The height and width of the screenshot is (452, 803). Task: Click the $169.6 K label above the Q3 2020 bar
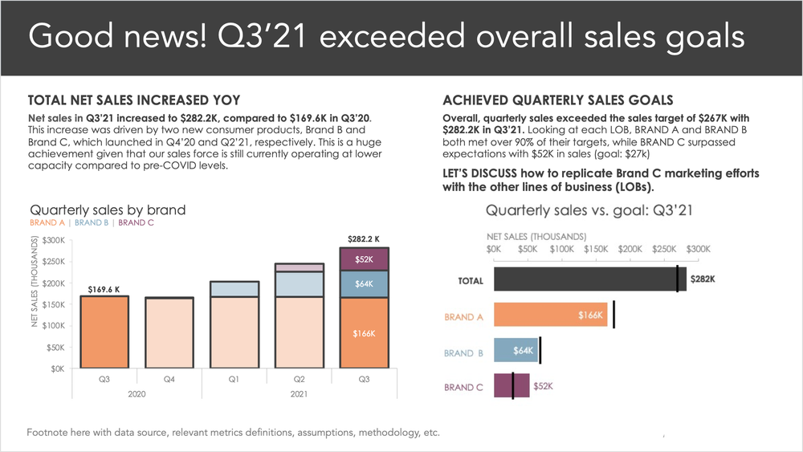pos(104,288)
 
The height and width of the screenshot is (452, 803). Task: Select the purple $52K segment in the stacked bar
pos(364,259)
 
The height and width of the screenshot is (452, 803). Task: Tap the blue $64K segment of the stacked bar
pos(364,284)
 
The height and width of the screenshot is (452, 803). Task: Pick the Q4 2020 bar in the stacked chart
pos(169,332)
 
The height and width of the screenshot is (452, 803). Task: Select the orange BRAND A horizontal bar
pos(551,316)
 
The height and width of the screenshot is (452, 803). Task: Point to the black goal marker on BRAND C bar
pos(513,386)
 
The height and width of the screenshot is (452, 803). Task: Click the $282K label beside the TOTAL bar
pos(702,279)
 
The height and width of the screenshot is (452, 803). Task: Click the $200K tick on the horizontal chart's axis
pos(630,250)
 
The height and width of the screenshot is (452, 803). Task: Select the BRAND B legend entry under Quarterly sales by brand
pos(92,223)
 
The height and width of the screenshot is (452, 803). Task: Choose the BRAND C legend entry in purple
pos(136,223)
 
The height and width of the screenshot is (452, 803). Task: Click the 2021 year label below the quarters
pos(299,393)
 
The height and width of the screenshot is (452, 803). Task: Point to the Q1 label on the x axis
pos(234,379)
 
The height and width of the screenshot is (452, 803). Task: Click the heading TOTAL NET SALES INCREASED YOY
pos(134,100)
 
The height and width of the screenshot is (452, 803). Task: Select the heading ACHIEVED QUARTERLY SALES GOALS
pos(557,100)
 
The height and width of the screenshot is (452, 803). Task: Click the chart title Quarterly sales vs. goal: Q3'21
pos(589,211)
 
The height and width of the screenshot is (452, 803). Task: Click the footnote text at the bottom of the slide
pos(233,432)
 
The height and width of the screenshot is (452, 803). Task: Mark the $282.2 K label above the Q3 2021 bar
pos(364,239)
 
